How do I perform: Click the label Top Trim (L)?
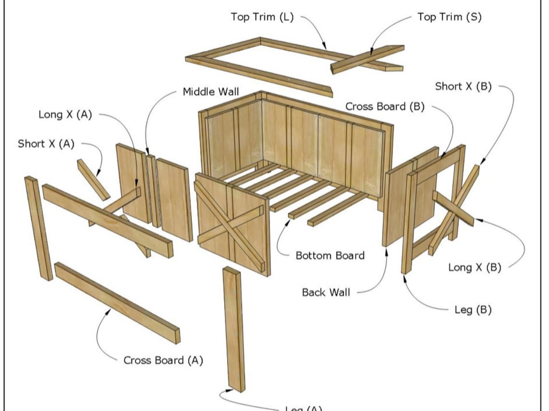coord(261,17)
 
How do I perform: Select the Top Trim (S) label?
coord(449,17)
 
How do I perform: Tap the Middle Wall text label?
coord(210,91)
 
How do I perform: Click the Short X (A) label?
coord(46,143)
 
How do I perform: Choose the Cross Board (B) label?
coord(385,107)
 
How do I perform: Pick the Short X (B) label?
coord(463,87)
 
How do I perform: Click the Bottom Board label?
coord(330,255)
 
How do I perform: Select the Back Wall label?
coord(326,292)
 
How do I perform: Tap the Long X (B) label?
coord(474,268)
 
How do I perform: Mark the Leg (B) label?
coord(473,310)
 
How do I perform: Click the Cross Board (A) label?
coord(163,360)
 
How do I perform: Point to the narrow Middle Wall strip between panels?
coord(154,191)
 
